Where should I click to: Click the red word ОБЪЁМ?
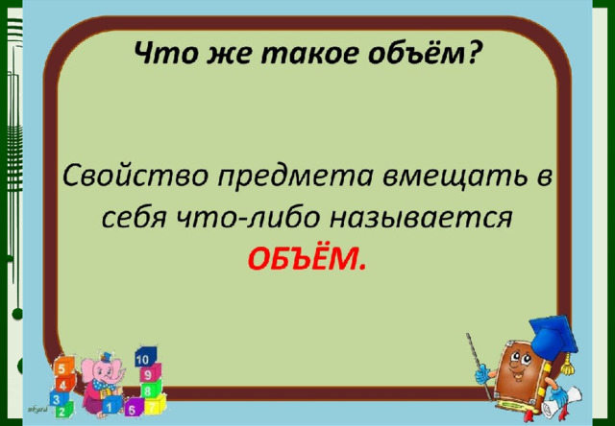click(x=307, y=258)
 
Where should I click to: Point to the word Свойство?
click(x=135, y=177)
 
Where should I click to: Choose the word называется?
click(x=421, y=219)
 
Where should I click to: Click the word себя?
click(x=135, y=217)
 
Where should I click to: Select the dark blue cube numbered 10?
click(x=145, y=357)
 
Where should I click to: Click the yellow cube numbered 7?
click(x=154, y=404)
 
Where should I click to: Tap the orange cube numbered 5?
click(x=63, y=367)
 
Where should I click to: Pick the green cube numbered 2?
click(x=62, y=410)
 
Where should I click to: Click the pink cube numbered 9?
click(x=150, y=373)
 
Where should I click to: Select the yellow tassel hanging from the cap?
click(x=566, y=366)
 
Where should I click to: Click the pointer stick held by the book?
click(x=480, y=366)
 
